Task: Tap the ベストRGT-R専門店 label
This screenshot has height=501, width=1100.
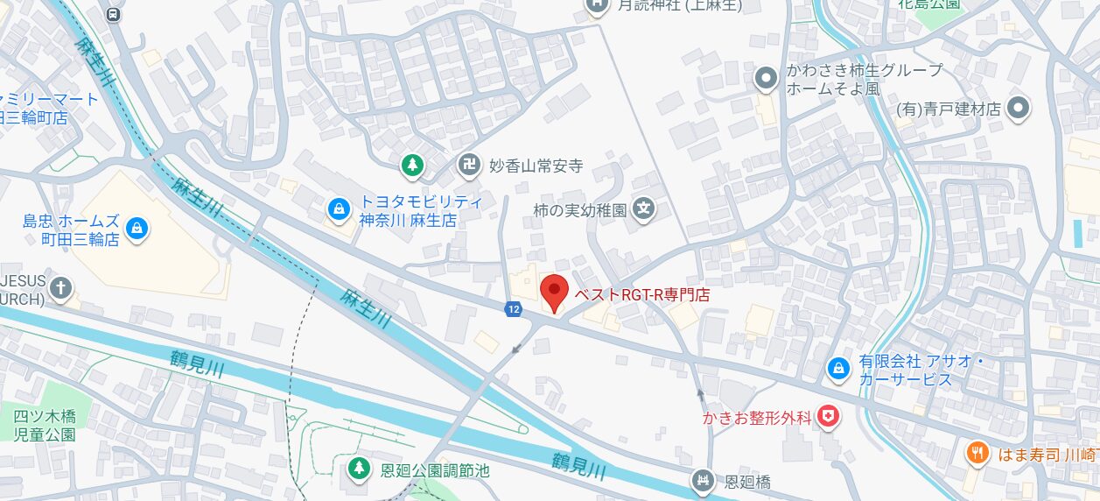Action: (641, 295)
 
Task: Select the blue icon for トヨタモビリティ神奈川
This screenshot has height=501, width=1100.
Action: (337, 208)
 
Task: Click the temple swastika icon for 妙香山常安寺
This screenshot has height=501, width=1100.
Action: (469, 164)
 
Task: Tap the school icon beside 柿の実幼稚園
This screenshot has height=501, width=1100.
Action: (644, 210)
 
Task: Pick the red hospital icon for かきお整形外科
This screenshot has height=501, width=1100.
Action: (827, 418)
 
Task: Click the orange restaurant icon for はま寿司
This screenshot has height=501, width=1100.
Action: (977, 453)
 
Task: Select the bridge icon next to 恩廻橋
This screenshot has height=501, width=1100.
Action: (702, 480)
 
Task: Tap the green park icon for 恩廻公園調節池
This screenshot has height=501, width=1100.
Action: (358, 469)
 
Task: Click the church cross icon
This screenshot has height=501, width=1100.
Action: (60, 287)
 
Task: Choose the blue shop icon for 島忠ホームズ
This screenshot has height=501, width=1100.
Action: (136, 229)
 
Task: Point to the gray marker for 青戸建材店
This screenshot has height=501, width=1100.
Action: (1018, 109)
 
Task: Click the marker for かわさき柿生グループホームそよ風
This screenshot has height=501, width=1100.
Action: (766, 80)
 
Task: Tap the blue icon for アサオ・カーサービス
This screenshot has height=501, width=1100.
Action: (838, 370)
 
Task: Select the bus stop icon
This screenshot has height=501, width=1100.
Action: (113, 14)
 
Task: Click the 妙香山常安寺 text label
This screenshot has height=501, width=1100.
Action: (536, 166)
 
